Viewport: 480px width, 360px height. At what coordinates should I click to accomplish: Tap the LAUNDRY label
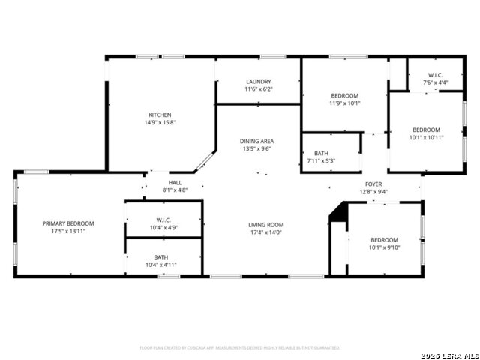258,82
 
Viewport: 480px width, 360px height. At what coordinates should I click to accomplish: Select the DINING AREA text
256,141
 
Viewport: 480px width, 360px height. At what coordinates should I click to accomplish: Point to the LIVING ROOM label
265,224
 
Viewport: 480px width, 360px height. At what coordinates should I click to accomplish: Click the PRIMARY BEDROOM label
68,223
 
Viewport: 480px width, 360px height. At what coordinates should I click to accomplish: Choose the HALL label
175,182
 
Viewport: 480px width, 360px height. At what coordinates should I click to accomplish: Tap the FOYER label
373,184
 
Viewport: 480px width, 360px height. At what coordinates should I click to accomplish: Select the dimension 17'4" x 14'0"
265,232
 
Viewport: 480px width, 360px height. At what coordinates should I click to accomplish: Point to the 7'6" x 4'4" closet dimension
435,82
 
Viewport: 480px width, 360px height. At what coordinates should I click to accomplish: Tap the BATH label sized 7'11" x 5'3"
320,153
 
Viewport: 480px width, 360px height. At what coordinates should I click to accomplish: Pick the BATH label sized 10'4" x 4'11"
161,256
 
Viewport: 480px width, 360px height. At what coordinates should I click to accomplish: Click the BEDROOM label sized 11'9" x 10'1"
345,96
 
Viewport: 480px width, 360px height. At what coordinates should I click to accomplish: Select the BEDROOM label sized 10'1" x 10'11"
426,130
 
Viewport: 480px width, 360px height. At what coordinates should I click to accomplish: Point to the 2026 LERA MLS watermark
448,354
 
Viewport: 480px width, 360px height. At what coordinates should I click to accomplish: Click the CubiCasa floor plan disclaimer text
240,347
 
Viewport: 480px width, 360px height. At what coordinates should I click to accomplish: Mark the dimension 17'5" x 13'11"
68,232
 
